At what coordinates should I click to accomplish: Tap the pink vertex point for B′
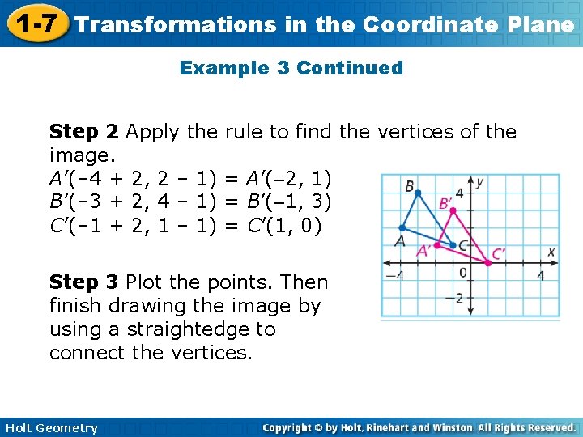pyautogui.click(x=451, y=210)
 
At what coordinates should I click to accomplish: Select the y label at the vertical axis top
pyautogui.click(x=480, y=183)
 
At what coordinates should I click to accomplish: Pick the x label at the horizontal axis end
pyautogui.click(x=551, y=252)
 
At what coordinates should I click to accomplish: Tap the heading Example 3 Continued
pyautogui.click(x=291, y=68)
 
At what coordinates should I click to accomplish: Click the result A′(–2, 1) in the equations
pyautogui.click(x=279, y=178)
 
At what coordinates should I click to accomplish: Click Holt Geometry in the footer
pyautogui.click(x=50, y=428)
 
